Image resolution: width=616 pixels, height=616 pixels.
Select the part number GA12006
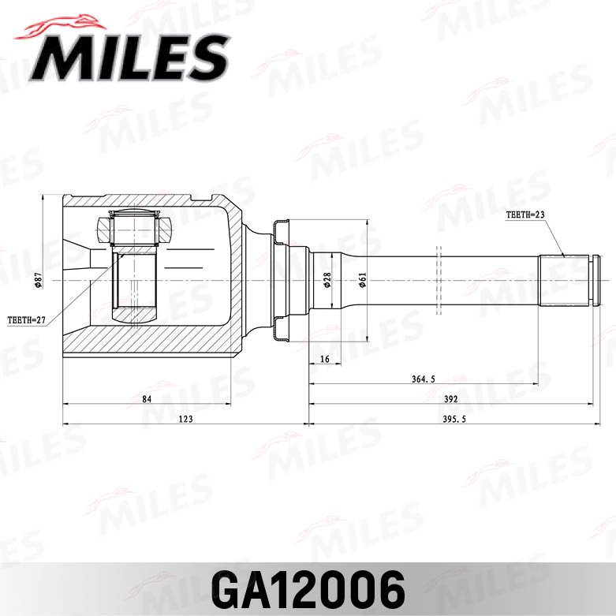[308, 588]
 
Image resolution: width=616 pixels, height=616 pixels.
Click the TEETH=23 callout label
[526, 215]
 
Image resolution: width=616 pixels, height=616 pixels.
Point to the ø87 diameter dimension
[38, 280]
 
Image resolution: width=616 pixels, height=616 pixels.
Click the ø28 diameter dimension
[327, 280]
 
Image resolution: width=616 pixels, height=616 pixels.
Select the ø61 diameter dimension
[362, 280]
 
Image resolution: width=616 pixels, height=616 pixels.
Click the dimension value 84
[147, 398]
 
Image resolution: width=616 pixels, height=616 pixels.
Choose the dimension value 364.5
[423, 379]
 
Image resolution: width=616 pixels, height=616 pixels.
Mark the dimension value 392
[450, 398]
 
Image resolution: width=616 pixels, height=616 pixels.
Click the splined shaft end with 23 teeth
[565, 280]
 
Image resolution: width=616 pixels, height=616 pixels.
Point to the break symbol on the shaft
[439, 280]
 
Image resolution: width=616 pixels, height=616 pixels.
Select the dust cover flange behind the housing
[280, 280]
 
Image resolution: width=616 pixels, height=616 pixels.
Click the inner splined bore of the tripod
[136, 280]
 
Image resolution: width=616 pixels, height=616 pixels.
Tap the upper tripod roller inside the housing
[136, 229]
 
